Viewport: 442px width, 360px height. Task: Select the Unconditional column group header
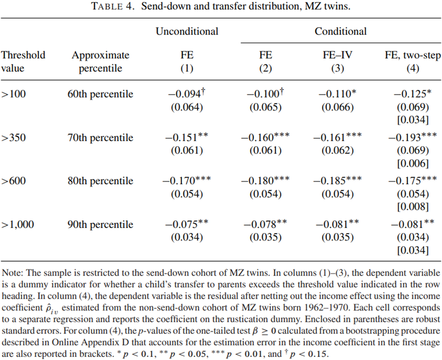click(x=187, y=31)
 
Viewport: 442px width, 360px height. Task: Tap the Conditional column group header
click(x=340, y=31)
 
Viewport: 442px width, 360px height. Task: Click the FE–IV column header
click(x=337, y=55)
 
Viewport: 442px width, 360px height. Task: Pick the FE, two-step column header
click(x=412, y=55)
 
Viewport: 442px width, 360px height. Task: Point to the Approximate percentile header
click(x=100, y=61)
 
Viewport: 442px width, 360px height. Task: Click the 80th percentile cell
click(x=100, y=181)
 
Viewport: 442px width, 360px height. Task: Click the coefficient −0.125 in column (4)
click(x=410, y=94)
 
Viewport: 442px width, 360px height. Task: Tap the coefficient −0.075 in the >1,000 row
click(x=182, y=224)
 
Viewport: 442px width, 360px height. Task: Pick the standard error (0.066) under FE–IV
click(x=337, y=107)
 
